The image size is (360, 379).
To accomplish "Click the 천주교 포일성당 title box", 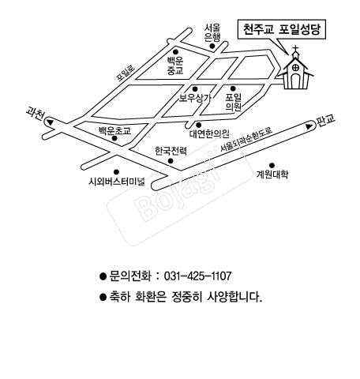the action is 282,29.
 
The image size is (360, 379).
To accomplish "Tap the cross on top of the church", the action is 296,49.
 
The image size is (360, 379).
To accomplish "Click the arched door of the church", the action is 296,81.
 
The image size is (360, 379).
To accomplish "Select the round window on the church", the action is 296,67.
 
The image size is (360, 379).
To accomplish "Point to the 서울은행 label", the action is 212,33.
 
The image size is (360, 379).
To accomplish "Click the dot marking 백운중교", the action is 175,52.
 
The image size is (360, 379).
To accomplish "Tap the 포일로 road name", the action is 126,73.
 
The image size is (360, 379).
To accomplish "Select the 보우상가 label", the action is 195,98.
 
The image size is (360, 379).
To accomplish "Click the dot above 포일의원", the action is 233,88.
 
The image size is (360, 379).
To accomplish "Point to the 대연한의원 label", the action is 209,133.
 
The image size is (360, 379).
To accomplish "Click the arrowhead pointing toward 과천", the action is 50,122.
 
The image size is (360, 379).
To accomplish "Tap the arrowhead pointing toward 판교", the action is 309,126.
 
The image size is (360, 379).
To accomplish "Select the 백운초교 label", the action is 114,131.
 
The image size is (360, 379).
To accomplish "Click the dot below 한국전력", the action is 171,161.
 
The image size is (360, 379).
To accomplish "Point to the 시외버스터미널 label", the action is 117,182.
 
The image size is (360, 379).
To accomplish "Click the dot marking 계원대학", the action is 272,166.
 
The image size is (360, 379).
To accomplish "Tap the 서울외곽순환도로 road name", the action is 246,140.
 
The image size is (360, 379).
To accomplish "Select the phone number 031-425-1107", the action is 198,276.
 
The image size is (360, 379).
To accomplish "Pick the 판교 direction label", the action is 326,121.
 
